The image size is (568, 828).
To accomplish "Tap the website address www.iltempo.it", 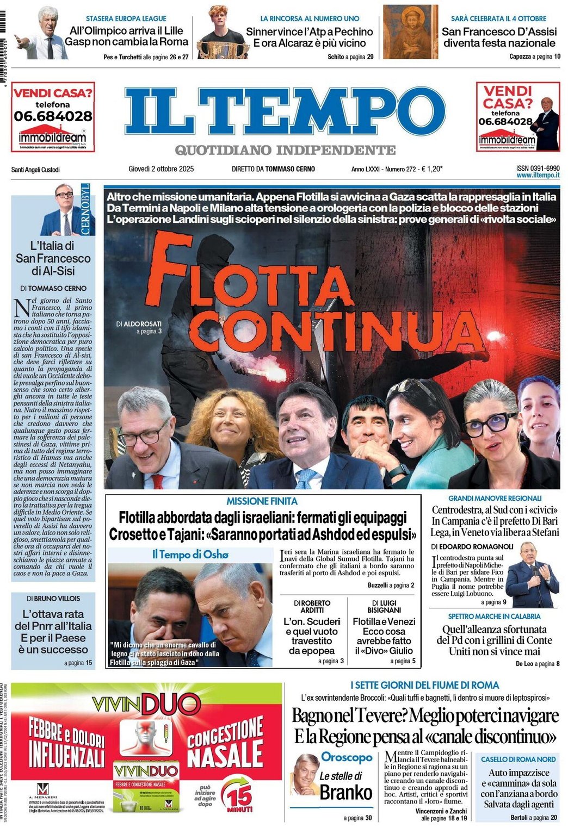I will pyautogui.click(x=538, y=176).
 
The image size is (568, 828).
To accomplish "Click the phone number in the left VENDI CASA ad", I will pyautogui.click(x=53, y=116).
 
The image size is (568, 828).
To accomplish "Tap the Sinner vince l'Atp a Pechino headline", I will pyautogui.click(x=309, y=38).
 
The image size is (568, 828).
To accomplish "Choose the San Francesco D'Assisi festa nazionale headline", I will pyautogui.click(x=499, y=38).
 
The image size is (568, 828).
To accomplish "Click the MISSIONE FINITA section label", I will pyautogui.click(x=262, y=501).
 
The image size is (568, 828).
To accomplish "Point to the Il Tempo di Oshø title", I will pyautogui.click(x=190, y=555).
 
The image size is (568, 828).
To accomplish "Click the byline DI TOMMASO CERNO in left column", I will pyautogui.click(x=53, y=288).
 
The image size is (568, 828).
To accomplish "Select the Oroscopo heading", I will pyautogui.click(x=347, y=757).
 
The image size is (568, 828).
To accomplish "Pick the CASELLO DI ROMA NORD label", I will pyautogui.click(x=518, y=759).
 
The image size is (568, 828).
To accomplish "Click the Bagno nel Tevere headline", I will pyautogui.click(x=425, y=726).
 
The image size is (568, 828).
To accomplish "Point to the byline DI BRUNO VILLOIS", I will pyautogui.click(x=53, y=599).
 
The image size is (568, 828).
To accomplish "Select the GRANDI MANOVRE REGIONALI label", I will pyautogui.click(x=495, y=498).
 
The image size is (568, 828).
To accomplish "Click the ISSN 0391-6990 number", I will pyautogui.click(x=538, y=169).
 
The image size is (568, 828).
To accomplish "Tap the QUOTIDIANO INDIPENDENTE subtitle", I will pyautogui.click(x=285, y=150).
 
